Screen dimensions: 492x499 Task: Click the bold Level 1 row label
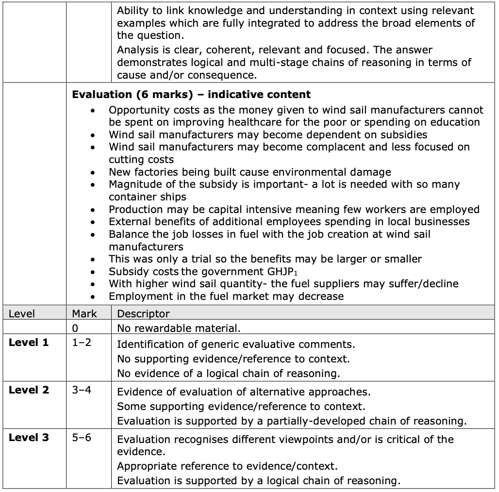pos(29,343)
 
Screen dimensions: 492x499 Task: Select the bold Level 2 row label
pos(29,390)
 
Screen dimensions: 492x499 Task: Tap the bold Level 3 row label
pos(29,438)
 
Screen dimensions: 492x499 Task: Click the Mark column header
pos(84,314)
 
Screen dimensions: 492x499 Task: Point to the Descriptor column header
pos(143,314)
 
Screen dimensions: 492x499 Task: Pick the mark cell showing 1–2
pos(82,343)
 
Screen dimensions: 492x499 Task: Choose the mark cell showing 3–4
pos(82,390)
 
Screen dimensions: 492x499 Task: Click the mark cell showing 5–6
pos(82,438)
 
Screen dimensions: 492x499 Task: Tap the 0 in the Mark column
pos(75,328)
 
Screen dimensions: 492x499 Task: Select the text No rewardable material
pos(179,328)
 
